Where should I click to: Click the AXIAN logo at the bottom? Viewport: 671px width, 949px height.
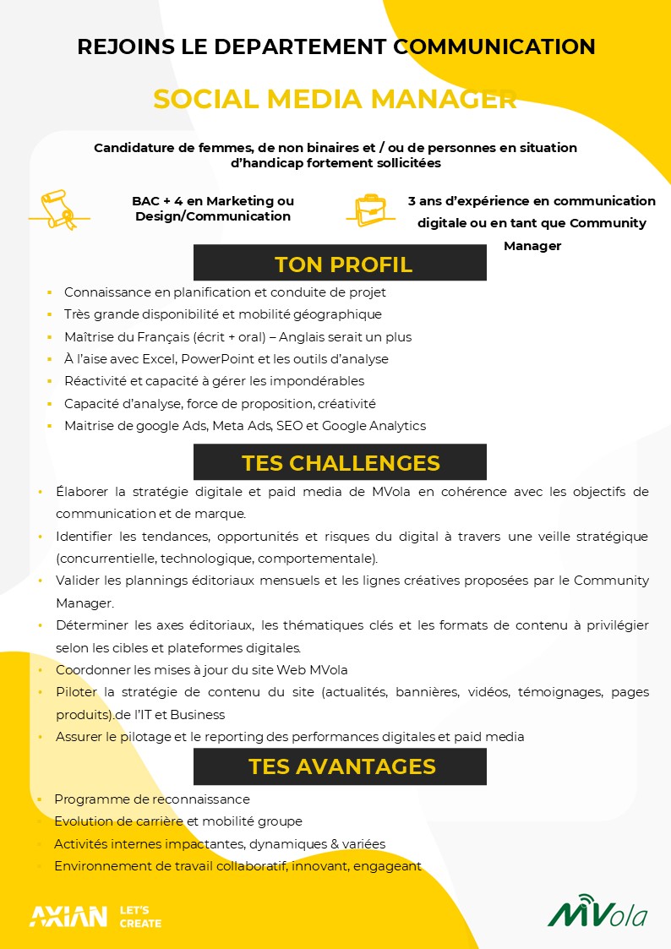(x=68, y=916)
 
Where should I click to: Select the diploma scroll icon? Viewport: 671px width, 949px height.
(x=59, y=209)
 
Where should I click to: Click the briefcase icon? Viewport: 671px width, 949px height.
(x=370, y=208)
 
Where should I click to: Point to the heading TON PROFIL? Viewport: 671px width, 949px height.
(x=343, y=265)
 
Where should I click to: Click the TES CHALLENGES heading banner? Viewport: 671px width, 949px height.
(x=341, y=463)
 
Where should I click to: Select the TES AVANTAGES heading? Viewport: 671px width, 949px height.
(x=341, y=766)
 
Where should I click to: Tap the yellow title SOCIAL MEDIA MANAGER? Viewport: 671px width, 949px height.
(x=335, y=100)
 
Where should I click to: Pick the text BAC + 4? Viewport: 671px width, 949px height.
(x=157, y=201)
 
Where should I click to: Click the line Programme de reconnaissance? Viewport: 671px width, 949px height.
(x=152, y=799)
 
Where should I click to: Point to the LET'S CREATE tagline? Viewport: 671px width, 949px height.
(x=140, y=917)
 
